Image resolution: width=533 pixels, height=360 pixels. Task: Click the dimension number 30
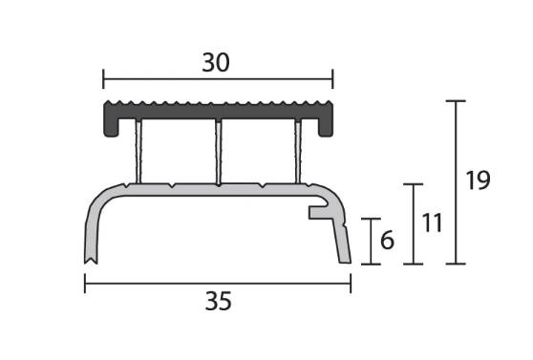coord(216,63)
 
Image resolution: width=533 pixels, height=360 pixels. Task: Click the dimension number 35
coord(218,301)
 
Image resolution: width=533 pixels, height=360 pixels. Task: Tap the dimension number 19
coord(478,180)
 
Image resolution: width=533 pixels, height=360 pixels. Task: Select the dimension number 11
coord(432,223)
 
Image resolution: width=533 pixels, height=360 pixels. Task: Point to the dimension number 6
coord(387,240)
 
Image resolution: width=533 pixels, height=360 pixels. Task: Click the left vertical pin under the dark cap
coord(139,151)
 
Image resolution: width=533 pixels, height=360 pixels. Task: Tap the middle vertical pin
coord(219,152)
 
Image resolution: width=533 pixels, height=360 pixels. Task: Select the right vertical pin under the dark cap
coord(298,151)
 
